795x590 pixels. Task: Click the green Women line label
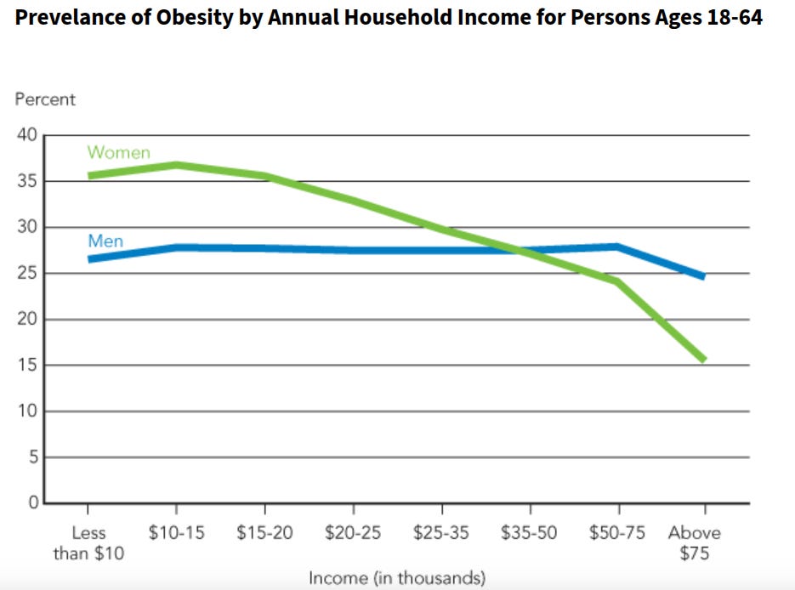[x=119, y=152]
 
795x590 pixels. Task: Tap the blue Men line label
[x=105, y=241]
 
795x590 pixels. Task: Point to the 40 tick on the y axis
[x=27, y=134]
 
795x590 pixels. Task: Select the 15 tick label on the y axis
[x=27, y=365]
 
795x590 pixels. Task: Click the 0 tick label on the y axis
[x=33, y=502]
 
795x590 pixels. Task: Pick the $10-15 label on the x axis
[x=177, y=532]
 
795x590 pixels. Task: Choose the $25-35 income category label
[x=441, y=532]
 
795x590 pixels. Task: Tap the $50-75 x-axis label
[x=617, y=532]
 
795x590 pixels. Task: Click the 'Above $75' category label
[x=694, y=542]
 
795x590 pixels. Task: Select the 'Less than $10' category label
[x=88, y=542]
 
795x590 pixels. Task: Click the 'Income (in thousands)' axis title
[x=397, y=578]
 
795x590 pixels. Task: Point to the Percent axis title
[x=45, y=99]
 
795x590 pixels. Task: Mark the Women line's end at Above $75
[x=704, y=360]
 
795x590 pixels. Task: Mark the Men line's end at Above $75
[x=704, y=276]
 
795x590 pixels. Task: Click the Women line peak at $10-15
[x=177, y=165]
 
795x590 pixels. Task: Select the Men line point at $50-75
[x=617, y=247]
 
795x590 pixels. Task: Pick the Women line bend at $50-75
[x=617, y=281]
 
